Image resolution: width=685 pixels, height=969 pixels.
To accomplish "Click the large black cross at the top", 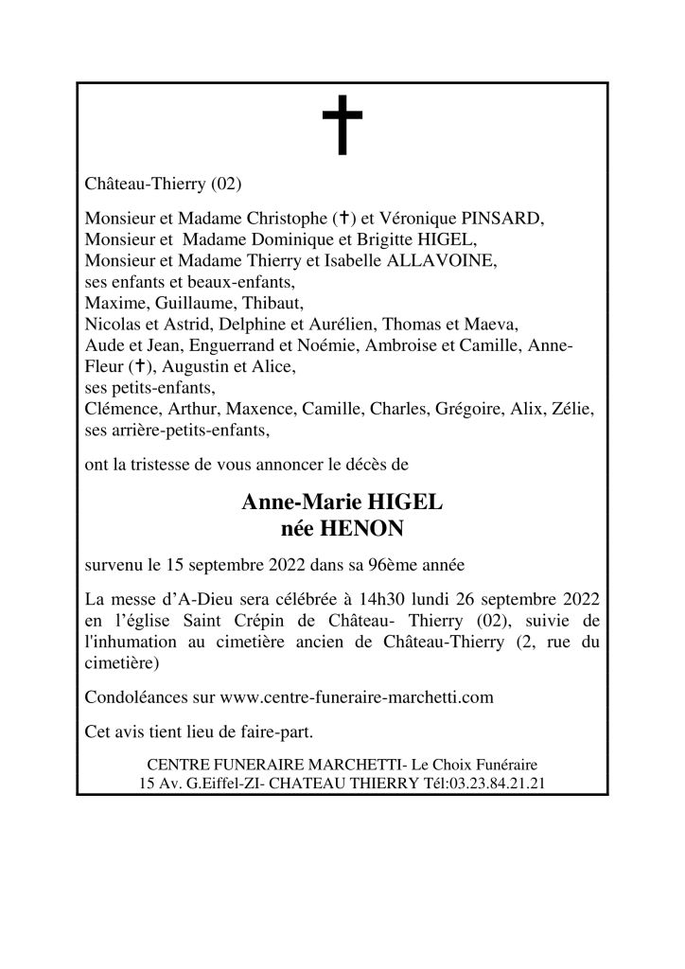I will (342, 129).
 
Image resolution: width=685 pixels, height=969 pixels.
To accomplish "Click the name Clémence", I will (119, 412).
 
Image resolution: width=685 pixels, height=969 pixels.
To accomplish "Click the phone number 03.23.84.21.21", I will (497, 784).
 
